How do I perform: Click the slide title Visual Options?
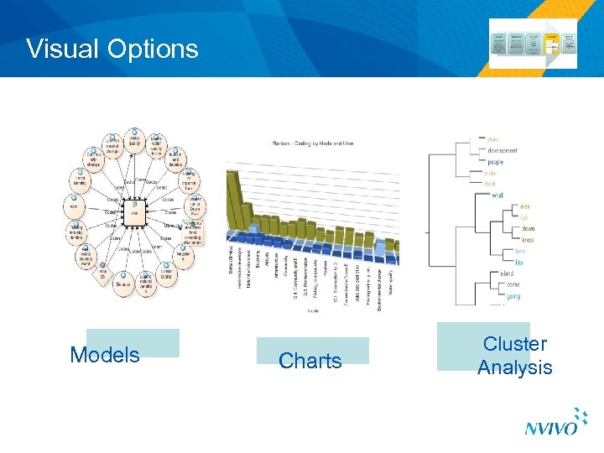(112, 49)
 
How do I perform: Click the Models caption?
(105, 355)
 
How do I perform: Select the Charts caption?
(310, 361)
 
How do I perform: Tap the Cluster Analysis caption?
(514, 356)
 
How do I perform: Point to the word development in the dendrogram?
(502, 150)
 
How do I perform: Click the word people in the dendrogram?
(496, 162)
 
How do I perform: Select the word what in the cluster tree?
(497, 195)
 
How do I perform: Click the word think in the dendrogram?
(491, 185)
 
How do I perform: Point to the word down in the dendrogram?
(528, 228)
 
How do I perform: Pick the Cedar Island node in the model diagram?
(165, 273)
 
